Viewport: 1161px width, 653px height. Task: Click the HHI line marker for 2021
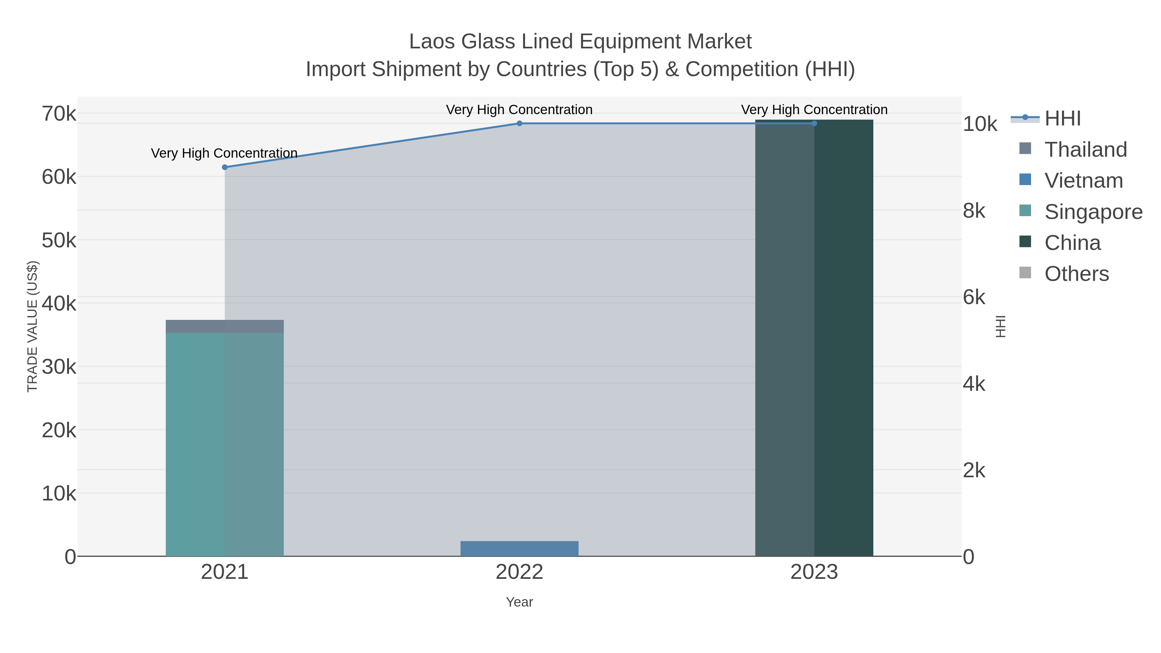click(225, 167)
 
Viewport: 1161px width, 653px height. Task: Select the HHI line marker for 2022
click(519, 124)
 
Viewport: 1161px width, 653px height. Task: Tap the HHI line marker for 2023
click(814, 124)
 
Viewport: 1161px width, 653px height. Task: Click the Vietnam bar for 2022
click(519, 549)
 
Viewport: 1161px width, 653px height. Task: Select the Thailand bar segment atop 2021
click(225, 326)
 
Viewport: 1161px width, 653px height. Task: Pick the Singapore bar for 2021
click(225, 444)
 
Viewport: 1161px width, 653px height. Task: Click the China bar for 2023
click(814, 338)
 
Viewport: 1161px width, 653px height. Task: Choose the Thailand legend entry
click(1085, 150)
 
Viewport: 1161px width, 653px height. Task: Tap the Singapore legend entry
click(1093, 212)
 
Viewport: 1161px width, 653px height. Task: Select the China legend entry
click(1072, 243)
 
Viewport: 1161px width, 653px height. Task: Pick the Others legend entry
click(1076, 274)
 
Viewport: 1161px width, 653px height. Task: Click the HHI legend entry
click(1062, 119)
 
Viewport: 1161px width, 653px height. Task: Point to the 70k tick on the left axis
click(59, 114)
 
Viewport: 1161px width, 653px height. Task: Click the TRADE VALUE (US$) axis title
click(33, 326)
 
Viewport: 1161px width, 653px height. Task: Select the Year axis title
click(519, 602)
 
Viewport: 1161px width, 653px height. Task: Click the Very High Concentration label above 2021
click(224, 153)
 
